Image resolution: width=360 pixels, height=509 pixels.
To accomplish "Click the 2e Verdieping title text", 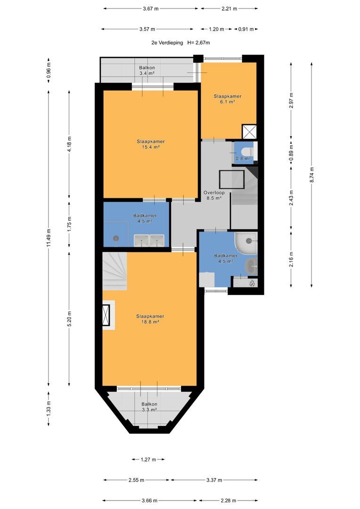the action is (x=167, y=42).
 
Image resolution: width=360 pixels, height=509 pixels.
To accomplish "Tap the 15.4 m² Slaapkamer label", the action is (x=150, y=144).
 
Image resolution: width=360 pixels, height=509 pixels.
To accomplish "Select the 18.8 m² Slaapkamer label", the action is (x=150, y=319).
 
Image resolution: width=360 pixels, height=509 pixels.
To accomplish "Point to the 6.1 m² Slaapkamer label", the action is (x=227, y=99).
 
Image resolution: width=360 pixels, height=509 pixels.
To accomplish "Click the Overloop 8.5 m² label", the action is (x=214, y=195).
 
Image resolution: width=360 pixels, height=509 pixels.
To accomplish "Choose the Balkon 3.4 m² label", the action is (x=147, y=70).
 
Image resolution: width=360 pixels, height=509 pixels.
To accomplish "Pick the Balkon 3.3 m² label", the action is (x=149, y=407).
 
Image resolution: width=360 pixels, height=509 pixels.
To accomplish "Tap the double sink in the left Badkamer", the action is (x=149, y=240).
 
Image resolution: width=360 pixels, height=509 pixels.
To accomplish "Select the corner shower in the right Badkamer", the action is (x=246, y=243).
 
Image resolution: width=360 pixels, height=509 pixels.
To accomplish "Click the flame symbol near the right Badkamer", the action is (x=252, y=283).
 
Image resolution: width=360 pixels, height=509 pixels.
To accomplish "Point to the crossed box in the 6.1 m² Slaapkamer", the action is (x=250, y=132).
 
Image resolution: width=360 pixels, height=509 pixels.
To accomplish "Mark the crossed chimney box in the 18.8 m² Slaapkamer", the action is (x=106, y=315).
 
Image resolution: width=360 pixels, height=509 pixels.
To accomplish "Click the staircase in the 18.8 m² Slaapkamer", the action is (x=115, y=272).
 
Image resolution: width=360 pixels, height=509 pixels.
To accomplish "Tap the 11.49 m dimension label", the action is (x=49, y=238).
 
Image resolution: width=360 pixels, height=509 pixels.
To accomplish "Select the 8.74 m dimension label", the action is (x=311, y=175).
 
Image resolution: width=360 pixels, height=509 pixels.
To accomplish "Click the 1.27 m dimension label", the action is (x=148, y=460).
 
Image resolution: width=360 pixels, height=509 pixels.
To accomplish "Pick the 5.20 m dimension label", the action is (x=69, y=319).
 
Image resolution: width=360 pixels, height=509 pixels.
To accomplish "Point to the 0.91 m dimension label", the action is (x=246, y=29).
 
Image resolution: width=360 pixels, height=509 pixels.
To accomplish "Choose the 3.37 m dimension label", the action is (x=214, y=480).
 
